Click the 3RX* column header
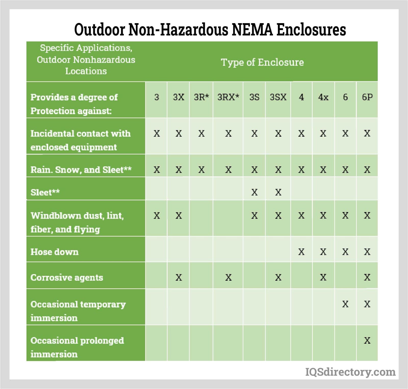(x=228, y=97)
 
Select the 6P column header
(x=367, y=97)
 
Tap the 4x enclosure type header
(x=323, y=97)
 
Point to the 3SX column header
(x=278, y=97)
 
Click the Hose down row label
(x=55, y=252)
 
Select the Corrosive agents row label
(x=67, y=277)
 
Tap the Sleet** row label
(x=45, y=192)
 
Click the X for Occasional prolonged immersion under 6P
(x=367, y=340)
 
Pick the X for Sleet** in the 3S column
(x=254, y=192)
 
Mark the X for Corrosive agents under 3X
(x=179, y=277)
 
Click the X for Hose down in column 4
(x=301, y=252)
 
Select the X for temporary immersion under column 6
(x=345, y=304)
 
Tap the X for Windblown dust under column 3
(x=157, y=216)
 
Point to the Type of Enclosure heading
(x=262, y=62)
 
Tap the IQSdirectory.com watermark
(x=350, y=372)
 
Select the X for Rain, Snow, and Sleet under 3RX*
(x=228, y=170)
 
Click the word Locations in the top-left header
(x=86, y=71)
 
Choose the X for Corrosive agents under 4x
(x=323, y=277)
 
